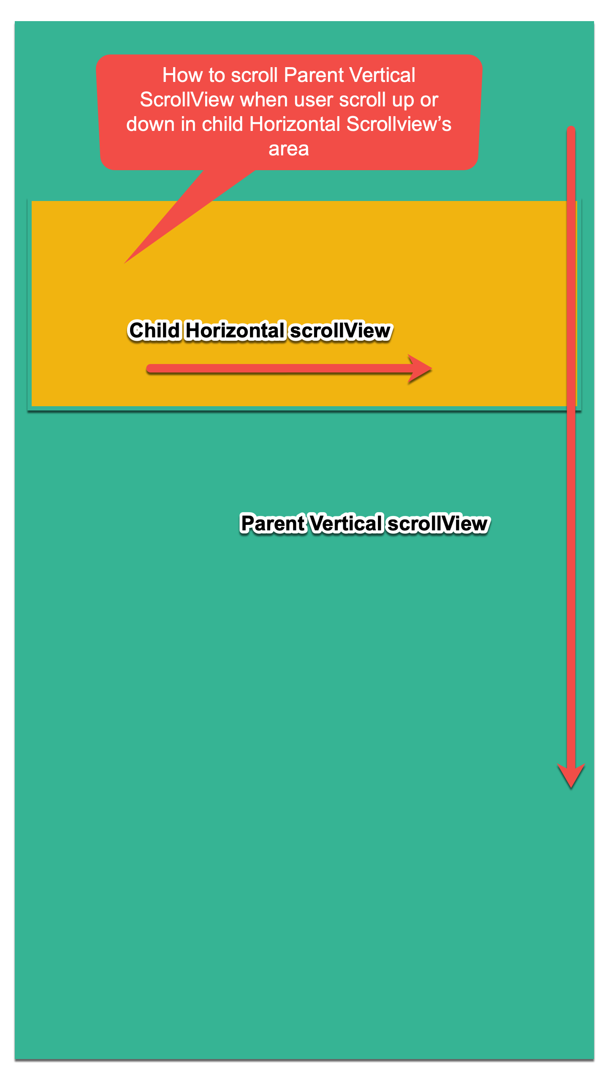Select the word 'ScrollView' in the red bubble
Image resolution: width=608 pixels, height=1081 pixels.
point(187,100)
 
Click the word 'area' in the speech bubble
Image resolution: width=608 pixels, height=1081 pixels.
point(289,149)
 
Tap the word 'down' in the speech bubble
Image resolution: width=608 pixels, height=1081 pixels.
point(150,125)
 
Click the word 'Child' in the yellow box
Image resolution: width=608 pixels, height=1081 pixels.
point(155,330)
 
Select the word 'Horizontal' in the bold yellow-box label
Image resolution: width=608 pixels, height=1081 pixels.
point(235,330)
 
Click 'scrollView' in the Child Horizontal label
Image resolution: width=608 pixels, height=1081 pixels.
point(340,330)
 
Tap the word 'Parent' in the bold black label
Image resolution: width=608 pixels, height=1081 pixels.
point(272,524)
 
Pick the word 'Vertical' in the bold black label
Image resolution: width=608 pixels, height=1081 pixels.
point(346,524)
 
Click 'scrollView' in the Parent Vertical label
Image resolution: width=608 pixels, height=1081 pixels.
point(438,524)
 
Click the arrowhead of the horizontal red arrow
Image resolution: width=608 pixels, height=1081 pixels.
point(420,369)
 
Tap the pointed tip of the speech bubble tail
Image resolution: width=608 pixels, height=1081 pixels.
point(126,262)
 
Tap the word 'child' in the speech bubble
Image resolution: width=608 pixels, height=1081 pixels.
point(223,125)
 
